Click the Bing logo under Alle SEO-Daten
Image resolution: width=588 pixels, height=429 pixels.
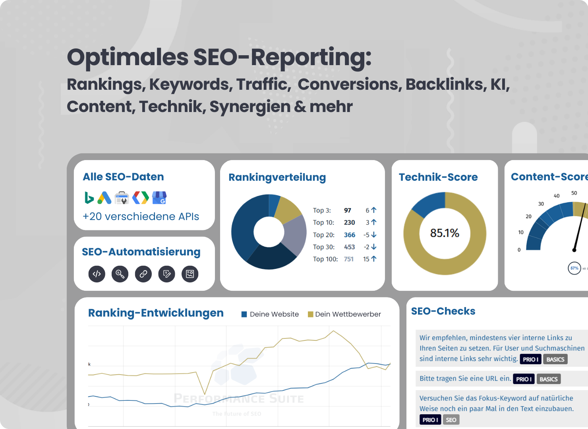[89, 197]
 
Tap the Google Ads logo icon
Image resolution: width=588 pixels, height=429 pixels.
[104, 197]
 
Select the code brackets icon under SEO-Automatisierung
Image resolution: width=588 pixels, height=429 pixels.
[97, 274]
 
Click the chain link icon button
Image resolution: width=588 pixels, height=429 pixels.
[143, 274]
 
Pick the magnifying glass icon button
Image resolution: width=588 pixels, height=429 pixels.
[120, 274]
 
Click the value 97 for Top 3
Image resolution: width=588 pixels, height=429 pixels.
[348, 211]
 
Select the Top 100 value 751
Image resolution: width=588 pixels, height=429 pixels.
[349, 259]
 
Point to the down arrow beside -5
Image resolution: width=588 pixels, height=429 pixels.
[374, 235]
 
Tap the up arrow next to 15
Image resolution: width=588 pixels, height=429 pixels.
[374, 259]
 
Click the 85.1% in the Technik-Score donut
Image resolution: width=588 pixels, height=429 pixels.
[445, 233]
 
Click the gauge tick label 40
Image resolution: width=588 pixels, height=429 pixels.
[557, 196]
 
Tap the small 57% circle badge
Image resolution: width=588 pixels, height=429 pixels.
[574, 268]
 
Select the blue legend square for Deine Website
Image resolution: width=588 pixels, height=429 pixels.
[244, 315]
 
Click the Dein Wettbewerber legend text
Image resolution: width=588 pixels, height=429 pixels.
[348, 314]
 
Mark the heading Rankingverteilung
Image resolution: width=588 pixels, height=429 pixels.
[277, 177]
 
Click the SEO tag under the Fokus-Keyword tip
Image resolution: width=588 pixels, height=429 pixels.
[451, 420]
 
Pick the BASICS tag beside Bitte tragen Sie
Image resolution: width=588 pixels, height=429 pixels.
[548, 379]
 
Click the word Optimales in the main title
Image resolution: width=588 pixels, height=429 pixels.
[128, 57]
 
